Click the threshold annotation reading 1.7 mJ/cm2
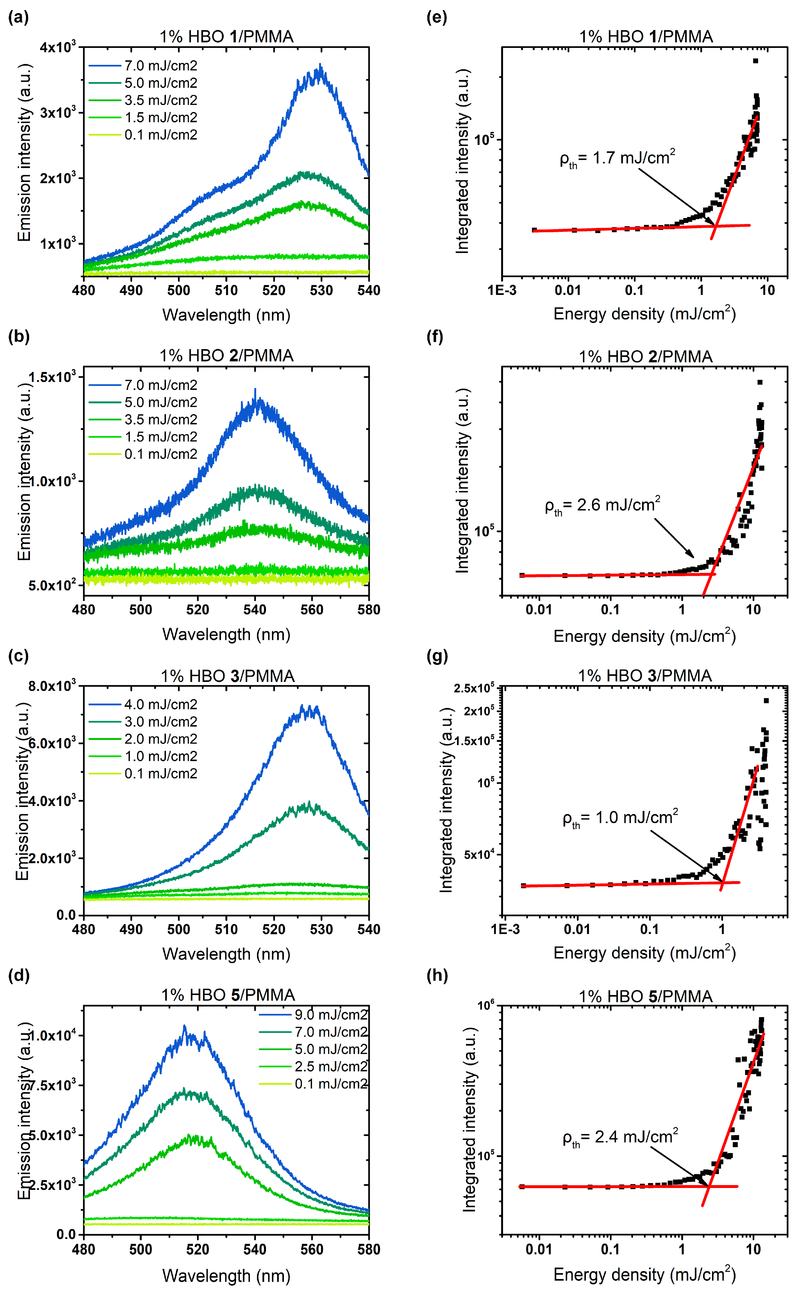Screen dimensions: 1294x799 click(x=617, y=159)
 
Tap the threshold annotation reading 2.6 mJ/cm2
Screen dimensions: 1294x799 click(x=603, y=506)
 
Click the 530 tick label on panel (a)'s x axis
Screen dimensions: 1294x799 click(x=321, y=291)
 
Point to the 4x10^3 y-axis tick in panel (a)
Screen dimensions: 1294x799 click(x=58, y=47)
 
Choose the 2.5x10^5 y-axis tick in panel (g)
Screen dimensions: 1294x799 click(x=474, y=688)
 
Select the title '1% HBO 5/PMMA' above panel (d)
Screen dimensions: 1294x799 click(x=228, y=996)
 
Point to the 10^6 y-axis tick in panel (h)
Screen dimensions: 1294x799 click(x=486, y=1005)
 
